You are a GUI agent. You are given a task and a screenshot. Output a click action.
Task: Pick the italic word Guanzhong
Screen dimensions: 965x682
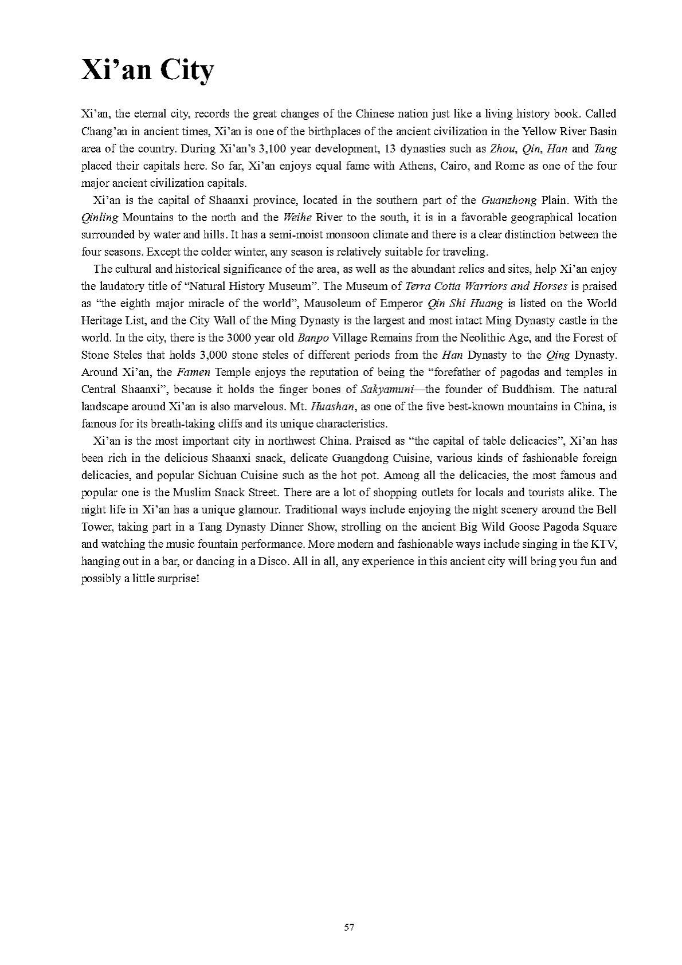point(509,200)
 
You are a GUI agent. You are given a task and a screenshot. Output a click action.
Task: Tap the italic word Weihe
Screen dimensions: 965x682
point(297,217)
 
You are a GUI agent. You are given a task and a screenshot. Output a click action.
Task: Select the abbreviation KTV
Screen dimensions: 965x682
point(605,544)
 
